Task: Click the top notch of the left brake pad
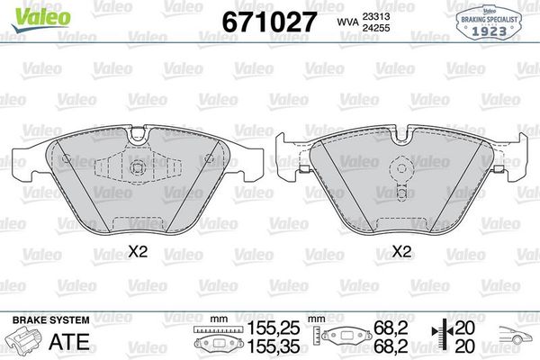tap(137, 135)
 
